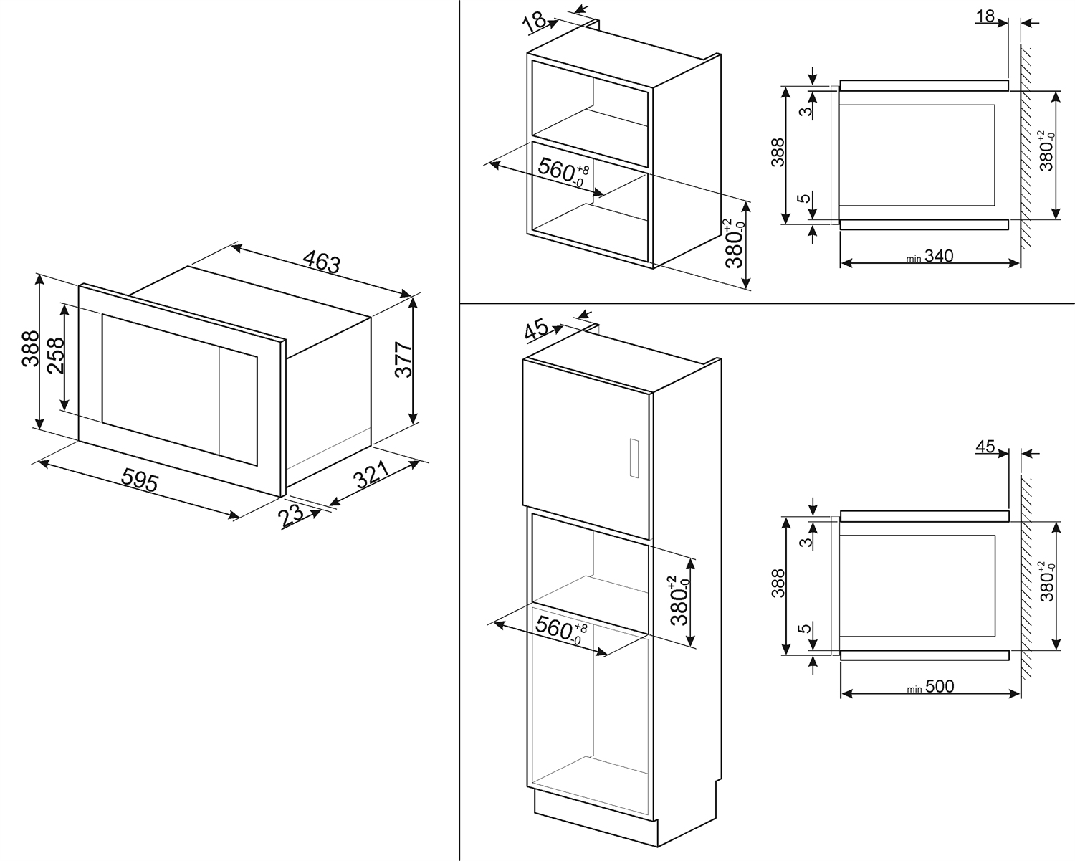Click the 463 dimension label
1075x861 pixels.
[x=321, y=261]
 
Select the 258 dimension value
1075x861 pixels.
[x=56, y=355]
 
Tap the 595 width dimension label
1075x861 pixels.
[x=139, y=480]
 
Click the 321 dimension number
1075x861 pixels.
[x=372, y=475]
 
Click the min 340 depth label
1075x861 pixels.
[x=930, y=256]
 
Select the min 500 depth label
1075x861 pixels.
[x=930, y=687]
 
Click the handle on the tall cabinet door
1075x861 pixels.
[x=633, y=457]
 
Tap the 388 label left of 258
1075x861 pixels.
[x=29, y=349]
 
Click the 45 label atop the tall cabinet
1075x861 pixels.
[x=536, y=330]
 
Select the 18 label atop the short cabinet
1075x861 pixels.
[x=535, y=22]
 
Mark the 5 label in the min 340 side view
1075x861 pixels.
[x=805, y=199]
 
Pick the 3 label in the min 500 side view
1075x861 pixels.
[x=806, y=541]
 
